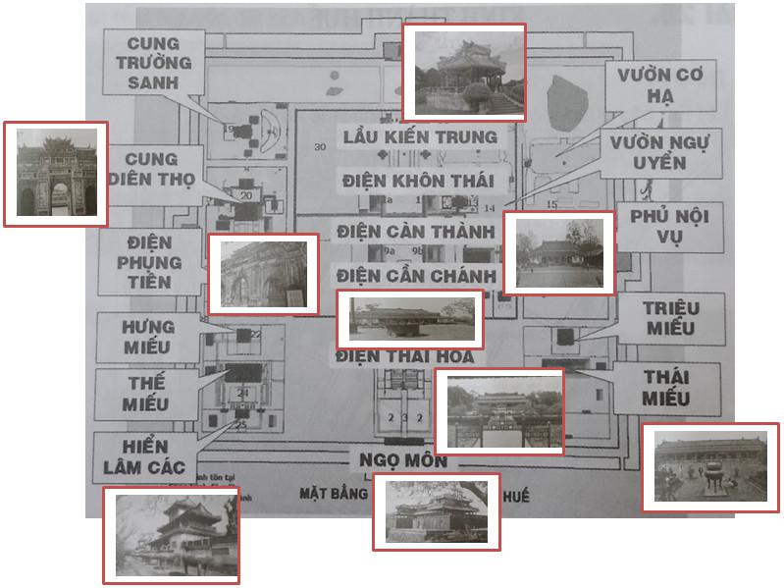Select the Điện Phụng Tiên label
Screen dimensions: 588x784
point(148,262)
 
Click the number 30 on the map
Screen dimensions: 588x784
point(320,146)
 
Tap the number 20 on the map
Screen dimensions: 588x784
point(244,196)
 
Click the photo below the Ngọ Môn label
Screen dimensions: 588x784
point(436,511)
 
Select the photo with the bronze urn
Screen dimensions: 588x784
point(709,467)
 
